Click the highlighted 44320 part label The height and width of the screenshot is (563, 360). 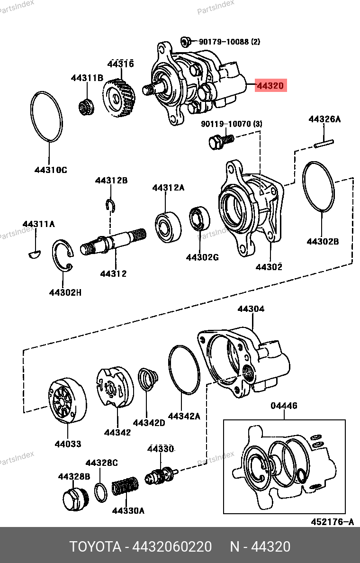(270, 85)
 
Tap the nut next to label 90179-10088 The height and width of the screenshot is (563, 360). (185, 42)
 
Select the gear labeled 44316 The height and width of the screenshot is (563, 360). (120, 98)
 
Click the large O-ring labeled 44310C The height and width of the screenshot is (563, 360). (46, 117)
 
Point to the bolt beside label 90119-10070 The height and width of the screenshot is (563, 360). (221, 141)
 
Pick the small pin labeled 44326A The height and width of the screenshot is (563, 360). (324, 143)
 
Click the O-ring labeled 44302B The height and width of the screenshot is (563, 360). (318, 187)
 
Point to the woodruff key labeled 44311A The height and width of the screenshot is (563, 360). (35, 254)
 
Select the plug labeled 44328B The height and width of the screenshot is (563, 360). (74, 499)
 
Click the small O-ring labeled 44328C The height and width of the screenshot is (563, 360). (100, 493)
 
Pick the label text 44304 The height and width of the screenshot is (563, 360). (251, 309)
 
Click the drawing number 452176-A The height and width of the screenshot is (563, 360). (332, 521)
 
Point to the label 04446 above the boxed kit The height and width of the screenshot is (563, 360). (284, 406)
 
